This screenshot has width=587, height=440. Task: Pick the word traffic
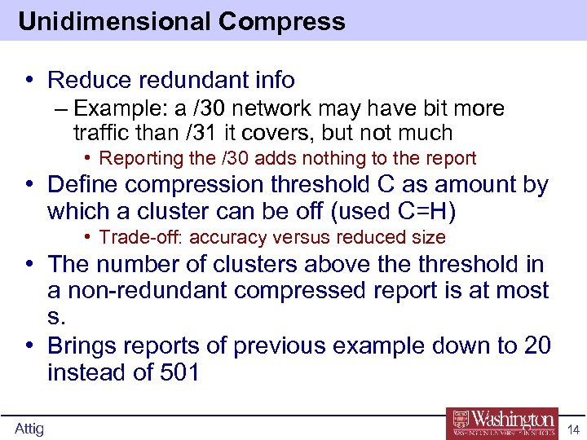[101, 132]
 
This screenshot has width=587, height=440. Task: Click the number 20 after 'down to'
[537, 345]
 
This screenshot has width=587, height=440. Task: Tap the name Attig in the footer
[29, 429]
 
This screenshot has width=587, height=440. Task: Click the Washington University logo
[501, 422]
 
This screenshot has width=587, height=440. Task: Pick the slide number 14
[572, 429]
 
